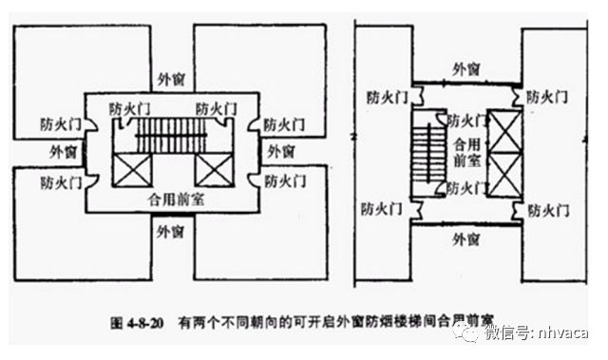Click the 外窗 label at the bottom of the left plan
pyautogui.click(x=171, y=230)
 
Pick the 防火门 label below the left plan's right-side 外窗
pyautogui.click(x=284, y=179)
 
